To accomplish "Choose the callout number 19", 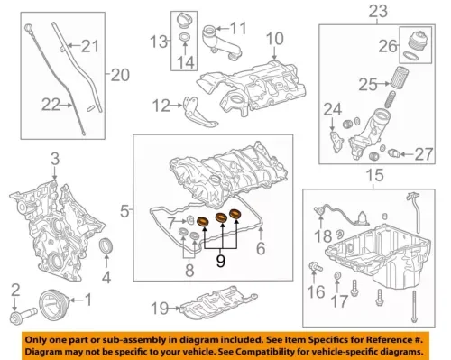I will [x=158, y=309].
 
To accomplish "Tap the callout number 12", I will [x=161, y=106].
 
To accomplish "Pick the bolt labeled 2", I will [x=19, y=318].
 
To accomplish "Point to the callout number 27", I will [x=424, y=153].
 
